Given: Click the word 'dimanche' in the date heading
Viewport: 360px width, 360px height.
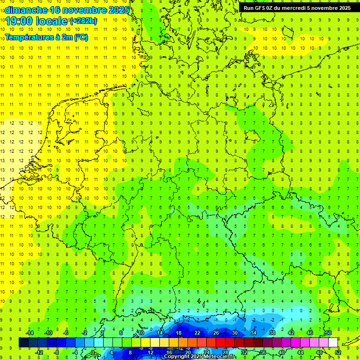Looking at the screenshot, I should pyautogui.click(x=26, y=10).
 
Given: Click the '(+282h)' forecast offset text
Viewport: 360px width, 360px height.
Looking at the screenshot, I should pyautogui.click(x=83, y=21).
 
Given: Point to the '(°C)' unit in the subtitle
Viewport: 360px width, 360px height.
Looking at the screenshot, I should pyautogui.click(x=81, y=37).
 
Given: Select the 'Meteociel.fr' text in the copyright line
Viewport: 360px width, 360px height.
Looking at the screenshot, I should pyautogui.click(x=218, y=357).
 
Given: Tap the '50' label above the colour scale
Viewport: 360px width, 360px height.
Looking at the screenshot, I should pyautogui.click(x=329, y=333).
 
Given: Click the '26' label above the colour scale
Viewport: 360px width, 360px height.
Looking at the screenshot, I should pyautogui.click(x=216, y=333).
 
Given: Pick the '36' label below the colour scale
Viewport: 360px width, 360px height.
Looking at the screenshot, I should pyautogui.click(x=263, y=352).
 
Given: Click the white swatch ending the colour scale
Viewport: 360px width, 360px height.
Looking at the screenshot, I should pyautogui.click(x=333, y=343).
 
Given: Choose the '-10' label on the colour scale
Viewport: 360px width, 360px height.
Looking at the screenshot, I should pyautogui.click(x=48, y=333).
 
